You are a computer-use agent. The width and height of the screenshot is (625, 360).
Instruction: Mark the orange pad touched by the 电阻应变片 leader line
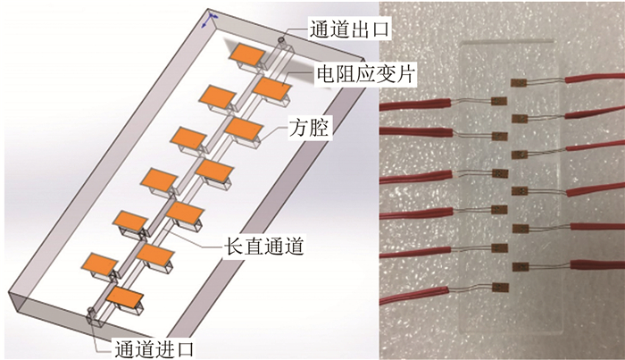point(272,87)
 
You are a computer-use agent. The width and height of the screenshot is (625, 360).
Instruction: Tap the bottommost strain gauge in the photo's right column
point(520,265)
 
